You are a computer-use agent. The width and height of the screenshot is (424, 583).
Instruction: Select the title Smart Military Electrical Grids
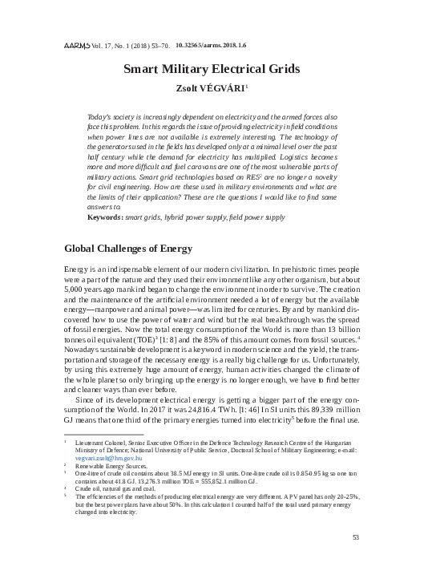tap(212, 70)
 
